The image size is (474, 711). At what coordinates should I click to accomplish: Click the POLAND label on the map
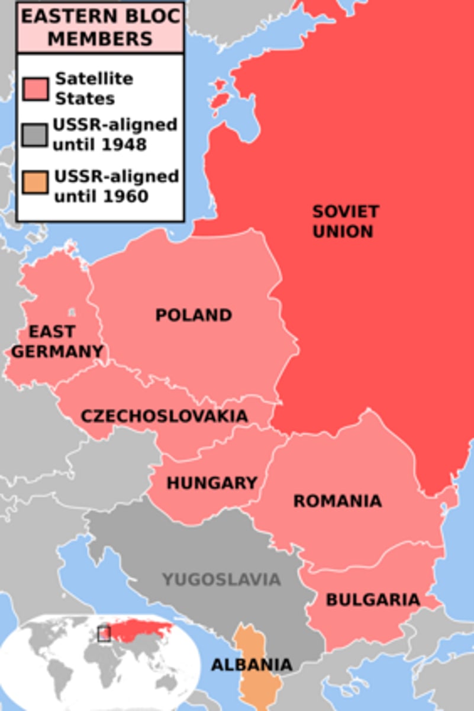click(194, 315)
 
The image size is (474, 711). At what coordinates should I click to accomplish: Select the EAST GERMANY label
click(57, 341)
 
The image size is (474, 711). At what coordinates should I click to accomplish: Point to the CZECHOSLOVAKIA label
click(164, 415)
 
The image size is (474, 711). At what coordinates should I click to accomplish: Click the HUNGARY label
click(211, 483)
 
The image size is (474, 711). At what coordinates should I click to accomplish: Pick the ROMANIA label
click(337, 501)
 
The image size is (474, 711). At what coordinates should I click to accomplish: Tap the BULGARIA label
click(373, 599)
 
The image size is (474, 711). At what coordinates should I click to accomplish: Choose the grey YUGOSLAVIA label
click(221, 579)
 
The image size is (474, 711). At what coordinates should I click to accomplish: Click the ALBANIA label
click(251, 664)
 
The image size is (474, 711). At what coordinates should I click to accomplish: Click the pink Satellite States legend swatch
click(36, 89)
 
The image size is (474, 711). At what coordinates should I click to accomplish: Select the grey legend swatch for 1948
click(36, 135)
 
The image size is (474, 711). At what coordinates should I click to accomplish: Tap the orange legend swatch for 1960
click(36, 185)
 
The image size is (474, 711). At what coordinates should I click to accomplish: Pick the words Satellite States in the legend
click(86, 88)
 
